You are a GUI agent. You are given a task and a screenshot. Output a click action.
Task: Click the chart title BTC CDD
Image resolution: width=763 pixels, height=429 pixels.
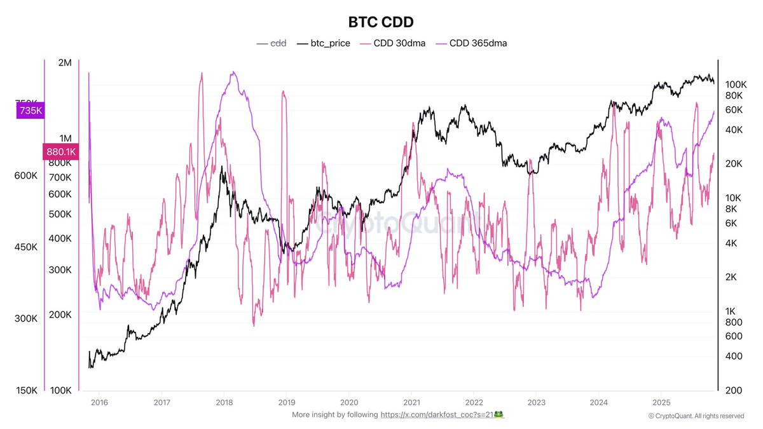381,22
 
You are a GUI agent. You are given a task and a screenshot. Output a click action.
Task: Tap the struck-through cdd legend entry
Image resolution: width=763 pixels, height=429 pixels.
271,43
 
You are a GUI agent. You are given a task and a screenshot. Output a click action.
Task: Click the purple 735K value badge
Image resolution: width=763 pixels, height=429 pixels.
30,111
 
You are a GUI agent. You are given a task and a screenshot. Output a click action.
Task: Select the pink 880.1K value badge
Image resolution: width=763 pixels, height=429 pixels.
60,151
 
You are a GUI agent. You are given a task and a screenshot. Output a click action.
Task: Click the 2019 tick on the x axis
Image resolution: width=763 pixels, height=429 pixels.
286,402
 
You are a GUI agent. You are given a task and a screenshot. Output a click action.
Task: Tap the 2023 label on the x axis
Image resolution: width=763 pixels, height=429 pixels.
535,402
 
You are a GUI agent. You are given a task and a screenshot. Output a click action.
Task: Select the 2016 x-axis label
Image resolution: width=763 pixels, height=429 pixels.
99,402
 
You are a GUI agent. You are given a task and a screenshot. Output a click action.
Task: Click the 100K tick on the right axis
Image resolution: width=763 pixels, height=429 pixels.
735,84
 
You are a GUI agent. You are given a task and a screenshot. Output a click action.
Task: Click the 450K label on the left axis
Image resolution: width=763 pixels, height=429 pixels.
26,247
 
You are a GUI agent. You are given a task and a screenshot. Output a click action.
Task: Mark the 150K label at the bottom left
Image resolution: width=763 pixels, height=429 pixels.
26,390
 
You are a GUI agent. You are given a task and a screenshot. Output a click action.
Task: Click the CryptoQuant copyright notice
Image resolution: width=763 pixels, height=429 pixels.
696,416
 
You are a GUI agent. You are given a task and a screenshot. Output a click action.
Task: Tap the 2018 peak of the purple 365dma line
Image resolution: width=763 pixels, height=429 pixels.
233,72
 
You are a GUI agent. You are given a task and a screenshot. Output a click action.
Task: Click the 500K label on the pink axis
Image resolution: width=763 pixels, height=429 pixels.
61,214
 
